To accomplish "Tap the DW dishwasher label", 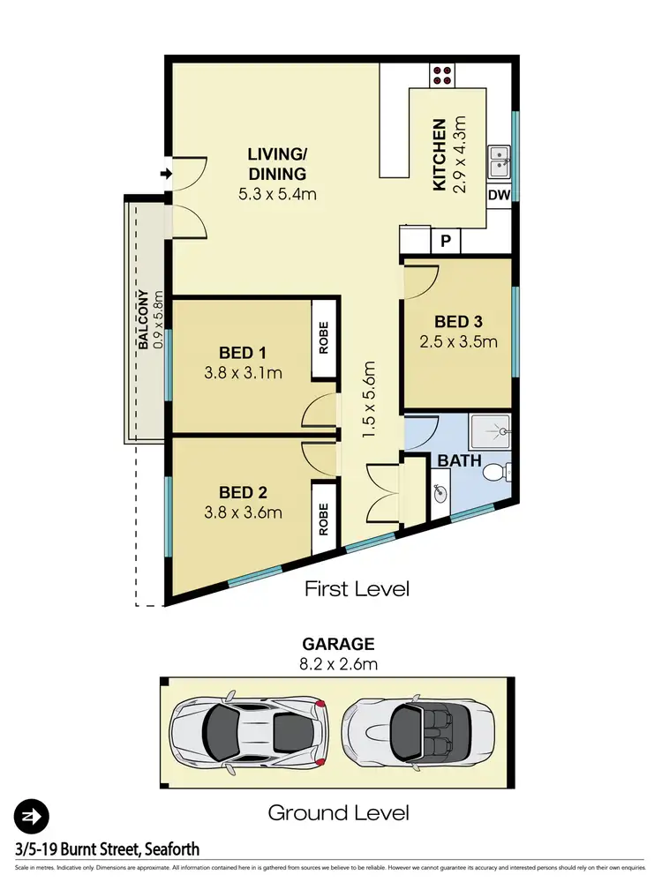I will click(x=500, y=195).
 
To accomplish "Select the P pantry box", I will click(x=446, y=239).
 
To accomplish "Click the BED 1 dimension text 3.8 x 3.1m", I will click(x=242, y=373).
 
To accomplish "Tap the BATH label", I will click(x=459, y=460).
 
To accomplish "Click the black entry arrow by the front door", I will click(x=164, y=174).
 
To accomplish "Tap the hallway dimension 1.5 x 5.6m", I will click(x=370, y=400).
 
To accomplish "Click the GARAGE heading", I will click(x=338, y=644).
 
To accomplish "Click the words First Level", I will click(x=357, y=588).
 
